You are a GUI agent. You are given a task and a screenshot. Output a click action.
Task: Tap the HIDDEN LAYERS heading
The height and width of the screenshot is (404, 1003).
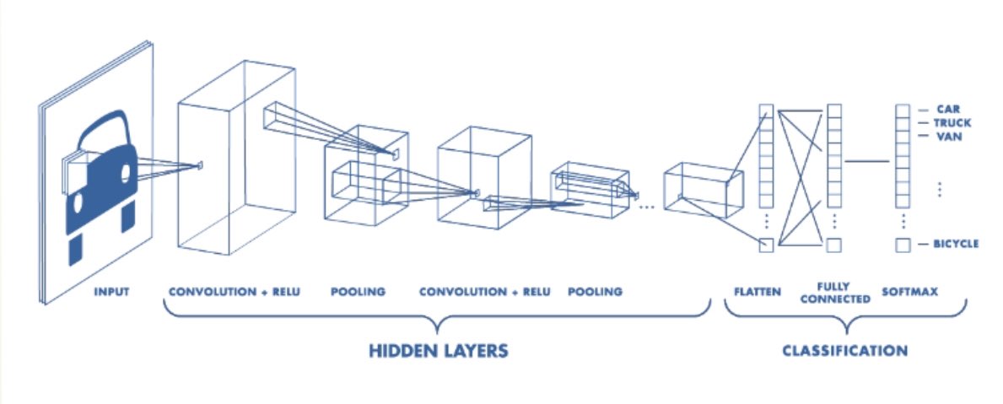click(x=438, y=349)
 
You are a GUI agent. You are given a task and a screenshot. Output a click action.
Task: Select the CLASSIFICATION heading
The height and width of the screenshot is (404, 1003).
click(x=844, y=349)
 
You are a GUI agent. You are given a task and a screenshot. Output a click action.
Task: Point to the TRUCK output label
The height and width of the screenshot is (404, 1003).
click(x=953, y=122)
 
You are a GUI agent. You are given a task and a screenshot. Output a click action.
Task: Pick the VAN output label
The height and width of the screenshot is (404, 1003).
click(x=949, y=135)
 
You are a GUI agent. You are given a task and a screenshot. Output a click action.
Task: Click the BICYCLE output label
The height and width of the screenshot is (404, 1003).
click(x=956, y=244)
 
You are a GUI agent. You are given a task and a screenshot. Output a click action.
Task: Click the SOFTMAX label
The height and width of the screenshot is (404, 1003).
click(x=910, y=292)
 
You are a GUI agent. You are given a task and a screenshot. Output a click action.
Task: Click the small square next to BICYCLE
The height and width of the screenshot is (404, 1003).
click(x=902, y=245)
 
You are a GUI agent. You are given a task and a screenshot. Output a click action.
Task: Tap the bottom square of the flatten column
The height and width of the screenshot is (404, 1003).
click(x=766, y=245)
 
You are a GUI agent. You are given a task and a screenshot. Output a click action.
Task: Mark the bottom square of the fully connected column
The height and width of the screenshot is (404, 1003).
click(x=834, y=245)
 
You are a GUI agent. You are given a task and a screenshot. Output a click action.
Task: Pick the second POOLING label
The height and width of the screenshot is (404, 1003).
click(x=596, y=292)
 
